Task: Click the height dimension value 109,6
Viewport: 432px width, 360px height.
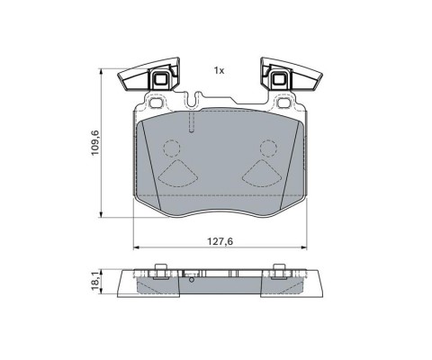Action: click(x=95, y=143)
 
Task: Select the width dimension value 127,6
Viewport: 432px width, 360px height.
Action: click(x=220, y=241)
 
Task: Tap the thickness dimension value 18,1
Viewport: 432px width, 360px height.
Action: click(x=95, y=282)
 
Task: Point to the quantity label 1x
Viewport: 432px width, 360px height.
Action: click(x=219, y=71)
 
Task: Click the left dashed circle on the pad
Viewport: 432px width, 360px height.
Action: click(x=172, y=148)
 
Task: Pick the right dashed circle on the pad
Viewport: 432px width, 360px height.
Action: click(x=268, y=148)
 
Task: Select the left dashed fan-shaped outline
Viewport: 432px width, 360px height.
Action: click(x=178, y=174)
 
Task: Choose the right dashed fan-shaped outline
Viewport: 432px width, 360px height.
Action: click(x=262, y=174)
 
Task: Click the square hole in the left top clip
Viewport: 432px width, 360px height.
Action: click(x=161, y=79)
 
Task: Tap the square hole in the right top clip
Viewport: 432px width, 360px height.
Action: click(x=280, y=79)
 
